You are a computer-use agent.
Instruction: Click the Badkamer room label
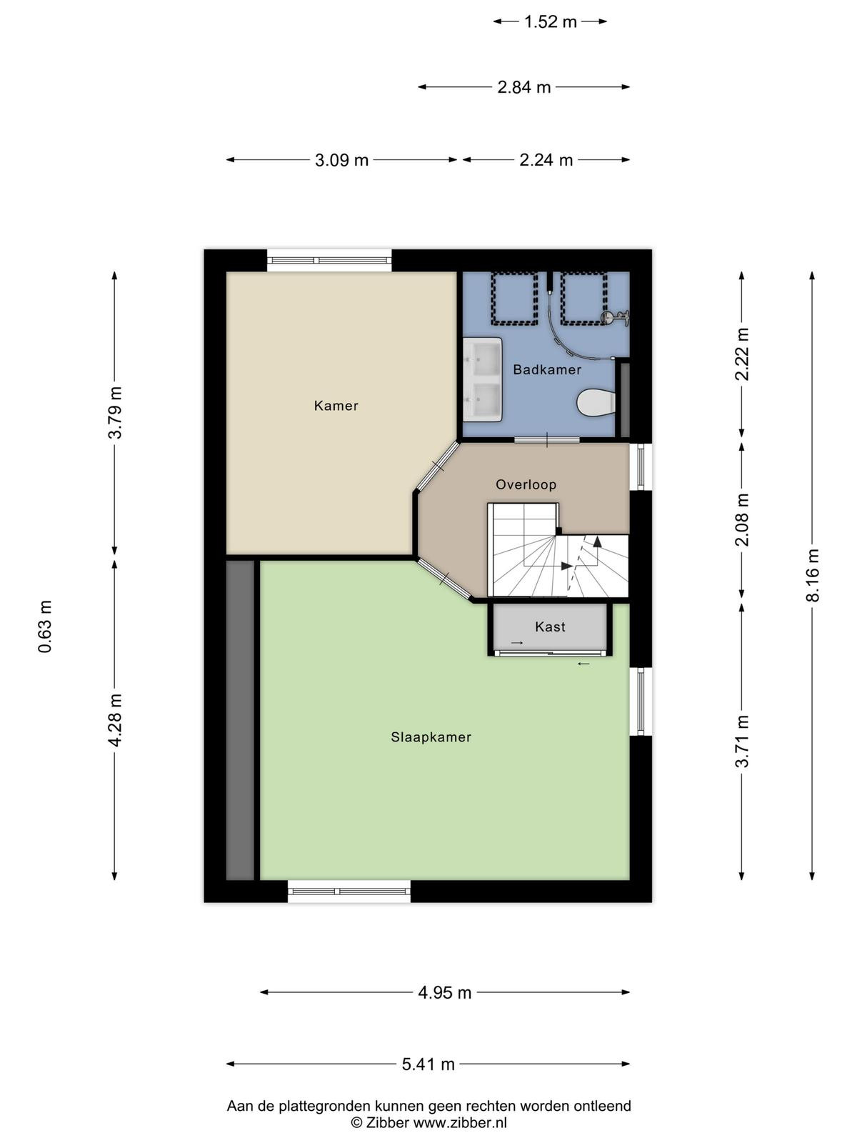point(546,369)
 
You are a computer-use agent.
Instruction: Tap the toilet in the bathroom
point(596,402)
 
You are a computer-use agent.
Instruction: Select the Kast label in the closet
point(549,627)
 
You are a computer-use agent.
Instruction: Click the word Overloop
point(526,484)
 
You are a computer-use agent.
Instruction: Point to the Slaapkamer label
point(431,737)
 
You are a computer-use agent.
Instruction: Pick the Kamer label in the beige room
point(336,405)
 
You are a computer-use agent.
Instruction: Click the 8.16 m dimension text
point(812,575)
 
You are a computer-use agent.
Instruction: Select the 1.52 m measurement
point(550,22)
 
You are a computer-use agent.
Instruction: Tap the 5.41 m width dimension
point(428,1064)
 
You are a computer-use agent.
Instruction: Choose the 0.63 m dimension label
point(45,627)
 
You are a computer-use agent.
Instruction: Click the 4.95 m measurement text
point(444,992)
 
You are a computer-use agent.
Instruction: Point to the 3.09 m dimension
point(341,160)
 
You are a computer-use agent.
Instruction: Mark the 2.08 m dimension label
point(742,519)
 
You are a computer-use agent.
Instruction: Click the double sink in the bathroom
point(482,379)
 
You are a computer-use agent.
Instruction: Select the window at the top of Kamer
point(329,260)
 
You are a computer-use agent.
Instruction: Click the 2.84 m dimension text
point(523,87)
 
